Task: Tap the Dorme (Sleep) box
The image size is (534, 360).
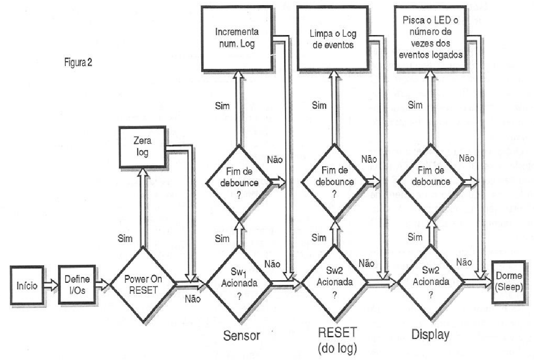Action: pyautogui.click(x=508, y=282)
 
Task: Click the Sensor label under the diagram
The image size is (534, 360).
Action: pyautogui.click(x=242, y=335)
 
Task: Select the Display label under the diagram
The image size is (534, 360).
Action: pyautogui.click(x=430, y=335)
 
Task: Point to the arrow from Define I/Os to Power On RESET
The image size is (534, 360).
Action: pyautogui.click(x=102, y=285)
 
